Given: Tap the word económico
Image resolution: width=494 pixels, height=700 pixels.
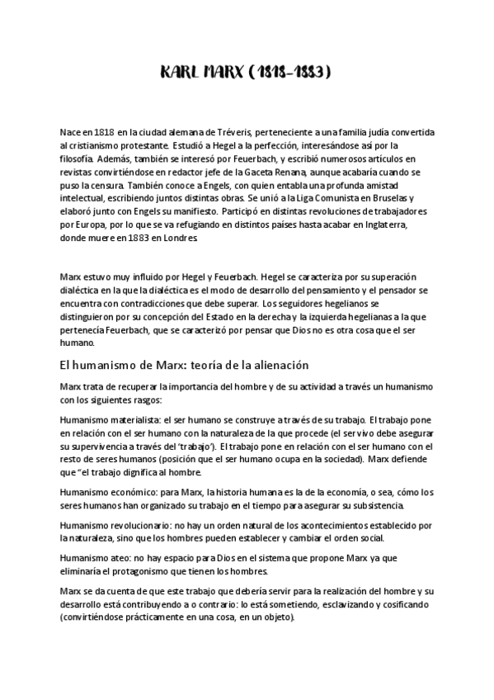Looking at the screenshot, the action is (x=124, y=493).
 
